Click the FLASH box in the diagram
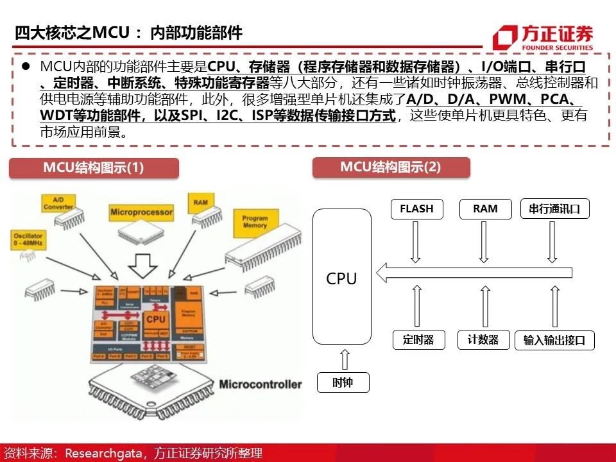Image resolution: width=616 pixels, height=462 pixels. click(416, 209)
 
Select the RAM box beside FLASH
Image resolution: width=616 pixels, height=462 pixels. click(485, 209)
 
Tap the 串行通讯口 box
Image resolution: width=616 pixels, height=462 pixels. click(554, 209)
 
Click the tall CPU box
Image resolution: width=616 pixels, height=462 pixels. click(341, 277)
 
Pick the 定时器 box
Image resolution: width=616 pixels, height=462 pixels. click(418, 340)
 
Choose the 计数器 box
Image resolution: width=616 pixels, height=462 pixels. click(483, 340)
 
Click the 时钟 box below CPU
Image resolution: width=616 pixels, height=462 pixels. click(343, 383)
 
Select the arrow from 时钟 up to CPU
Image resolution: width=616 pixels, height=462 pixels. click(343, 359)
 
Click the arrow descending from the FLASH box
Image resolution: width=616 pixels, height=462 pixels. click(416, 241)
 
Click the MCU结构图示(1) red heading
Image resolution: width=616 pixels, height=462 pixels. click(94, 167)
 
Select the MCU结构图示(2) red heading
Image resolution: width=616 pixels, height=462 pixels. click(391, 167)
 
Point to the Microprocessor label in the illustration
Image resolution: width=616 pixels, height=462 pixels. click(141, 212)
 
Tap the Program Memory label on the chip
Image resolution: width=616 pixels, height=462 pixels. click(255, 222)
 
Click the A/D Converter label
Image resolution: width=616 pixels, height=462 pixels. click(58, 203)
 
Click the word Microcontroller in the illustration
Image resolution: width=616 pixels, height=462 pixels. click(260, 384)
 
